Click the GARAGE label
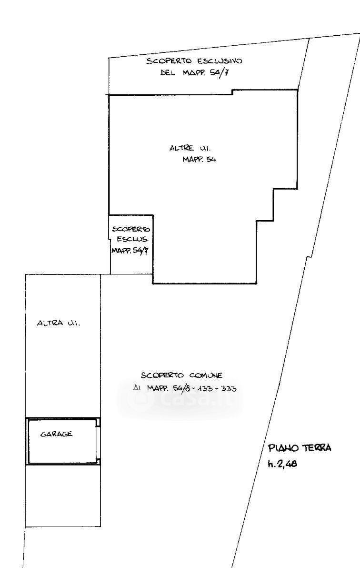point(57,434)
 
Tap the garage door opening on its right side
point(98,442)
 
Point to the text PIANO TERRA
point(300,448)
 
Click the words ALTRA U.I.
point(58,323)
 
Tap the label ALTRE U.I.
point(190,148)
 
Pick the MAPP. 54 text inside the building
point(199,159)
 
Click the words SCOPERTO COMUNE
point(182,375)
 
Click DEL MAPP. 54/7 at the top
point(194,73)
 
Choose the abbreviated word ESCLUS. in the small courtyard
point(132,239)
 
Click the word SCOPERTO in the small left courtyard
point(131,229)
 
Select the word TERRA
point(317,448)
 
